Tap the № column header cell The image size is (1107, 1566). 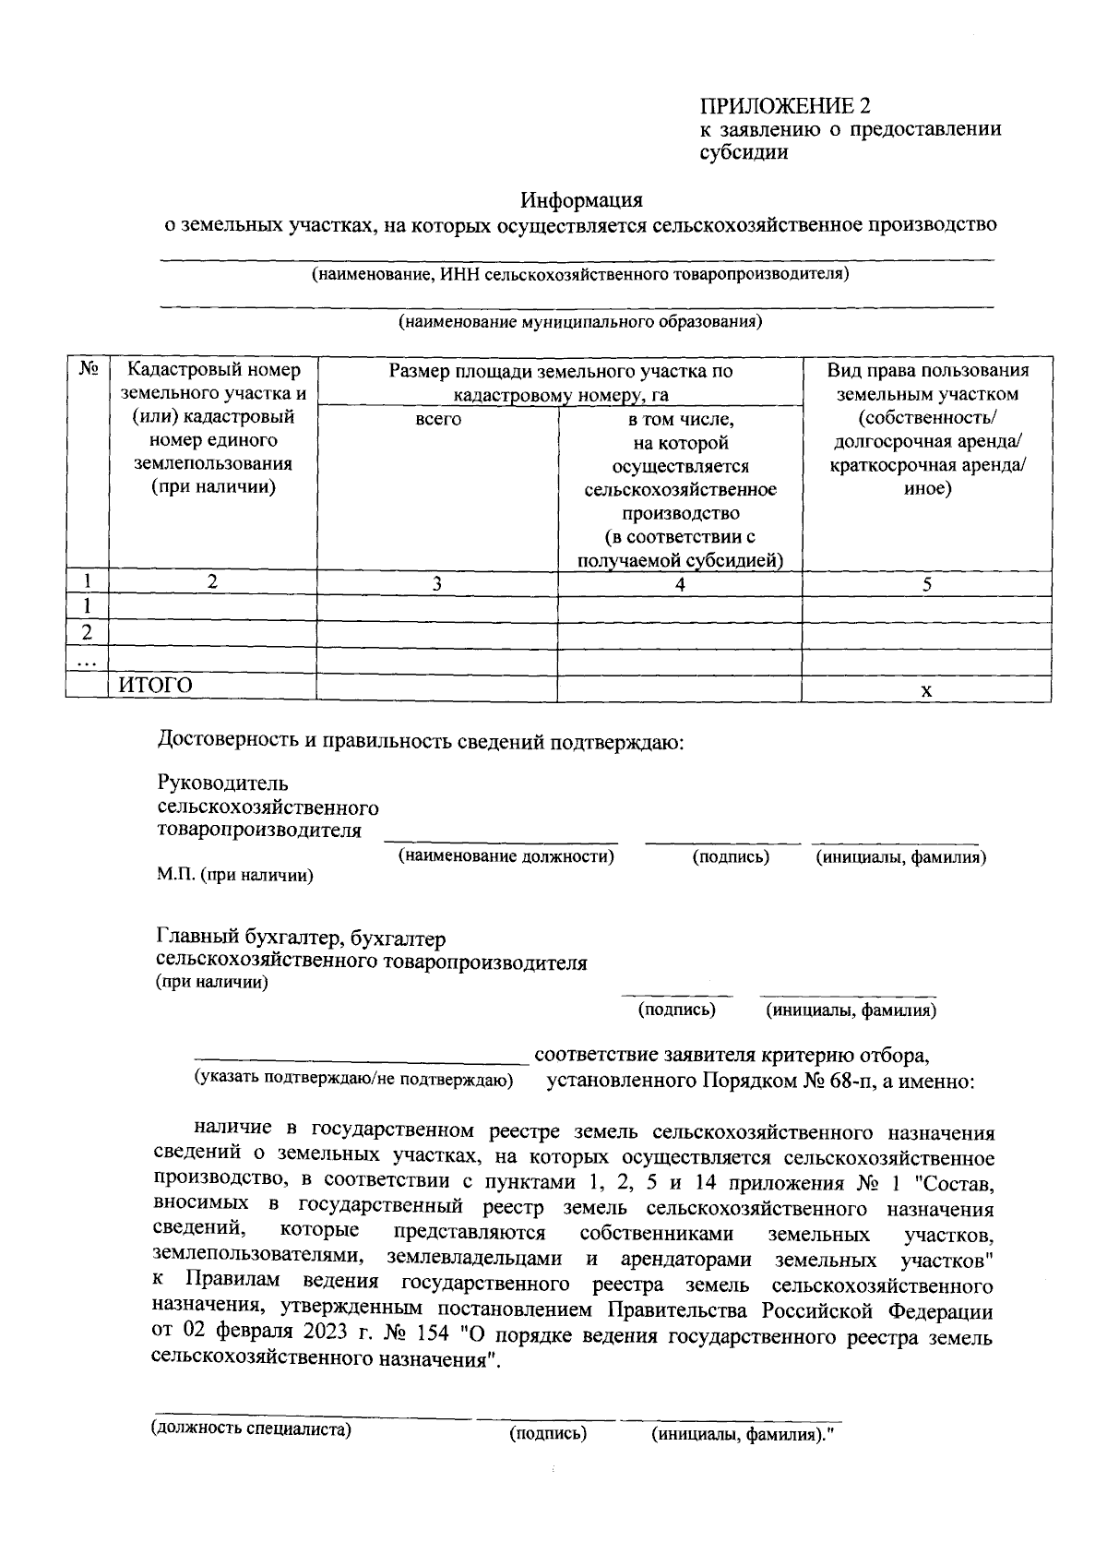tap(88, 370)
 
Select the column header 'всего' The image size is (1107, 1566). tap(438, 419)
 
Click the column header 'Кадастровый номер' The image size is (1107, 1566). tap(213, 370)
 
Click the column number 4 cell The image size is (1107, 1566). tap(679, 583)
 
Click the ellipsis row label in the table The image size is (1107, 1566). tap(88, 662)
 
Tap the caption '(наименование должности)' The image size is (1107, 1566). tap(506, 856)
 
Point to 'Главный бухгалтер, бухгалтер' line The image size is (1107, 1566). tap(302, 938)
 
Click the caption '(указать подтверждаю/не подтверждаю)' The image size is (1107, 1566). tap(352, 1079)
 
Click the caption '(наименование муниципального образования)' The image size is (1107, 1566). tap(579, 322)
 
